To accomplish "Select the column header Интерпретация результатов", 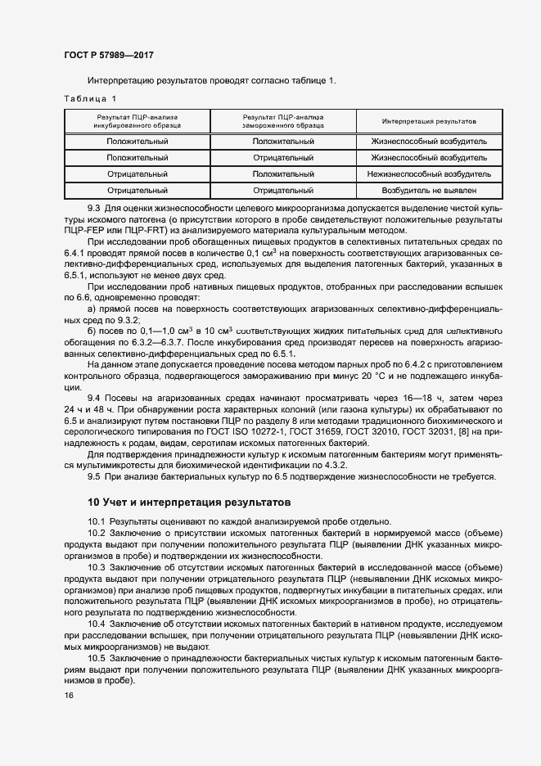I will tap(429, 122).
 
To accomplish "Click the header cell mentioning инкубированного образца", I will tap(138, 122).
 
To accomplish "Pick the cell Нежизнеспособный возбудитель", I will tap(429, 174).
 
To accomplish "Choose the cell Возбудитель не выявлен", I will tap(429, 190).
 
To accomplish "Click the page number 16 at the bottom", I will tap(69, 695).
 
